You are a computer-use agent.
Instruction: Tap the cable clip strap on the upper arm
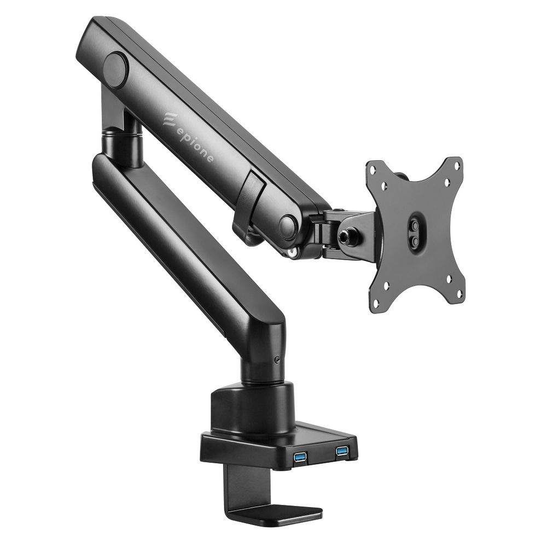[249, 202]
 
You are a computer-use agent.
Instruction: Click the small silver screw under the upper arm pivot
[294, 252]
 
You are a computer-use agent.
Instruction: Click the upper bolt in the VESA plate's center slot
[414, 224]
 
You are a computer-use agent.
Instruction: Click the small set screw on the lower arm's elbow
[279, 359]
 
